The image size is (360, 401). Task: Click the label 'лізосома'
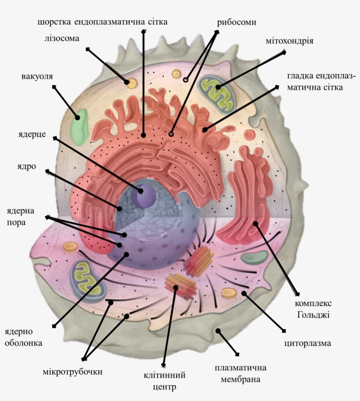click(x=61, y=38)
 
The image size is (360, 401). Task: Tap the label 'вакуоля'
click(x=37, y=76)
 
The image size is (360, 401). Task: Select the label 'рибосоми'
click(x=237, y=22)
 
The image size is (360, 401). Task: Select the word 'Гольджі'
click(x=313, y=315)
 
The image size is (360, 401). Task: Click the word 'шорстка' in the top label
click(x=54, y=22)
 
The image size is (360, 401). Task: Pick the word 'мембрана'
click(x=241, y=379)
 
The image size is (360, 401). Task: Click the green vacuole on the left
click(x=79, y=127)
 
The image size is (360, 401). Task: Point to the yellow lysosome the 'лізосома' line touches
click(x=130, y=82)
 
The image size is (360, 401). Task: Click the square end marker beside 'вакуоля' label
click(x=54, y=87)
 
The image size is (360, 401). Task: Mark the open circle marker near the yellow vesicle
click(x=185, y=80)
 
